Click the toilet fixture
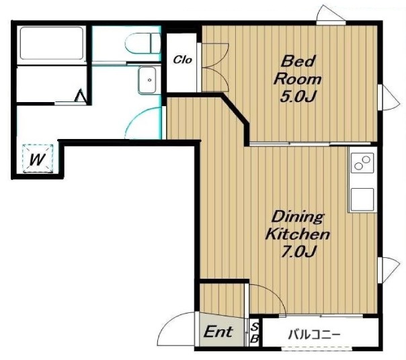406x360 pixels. [x=143, y=43]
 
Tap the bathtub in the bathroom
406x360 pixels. [x=52, y=43]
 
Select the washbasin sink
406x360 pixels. [x=147, y=80]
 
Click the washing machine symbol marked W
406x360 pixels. [x=38, y=159]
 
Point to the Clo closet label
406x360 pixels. [x=183, y=60]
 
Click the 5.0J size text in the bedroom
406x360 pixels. [x=298, y=97]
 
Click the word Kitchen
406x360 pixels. [x=298, y=234]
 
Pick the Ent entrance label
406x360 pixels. [x=218, y=332]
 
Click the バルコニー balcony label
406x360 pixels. [x=314, y=335]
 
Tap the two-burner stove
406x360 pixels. [x=362, y=163]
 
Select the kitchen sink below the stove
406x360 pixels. [x=362, y=199]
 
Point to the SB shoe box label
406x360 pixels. [x=255, y=333]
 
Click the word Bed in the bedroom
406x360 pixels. [x=298, y=62]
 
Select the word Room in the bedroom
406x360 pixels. [x=298, y=79]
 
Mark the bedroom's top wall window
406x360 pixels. [x=331, y=23]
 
